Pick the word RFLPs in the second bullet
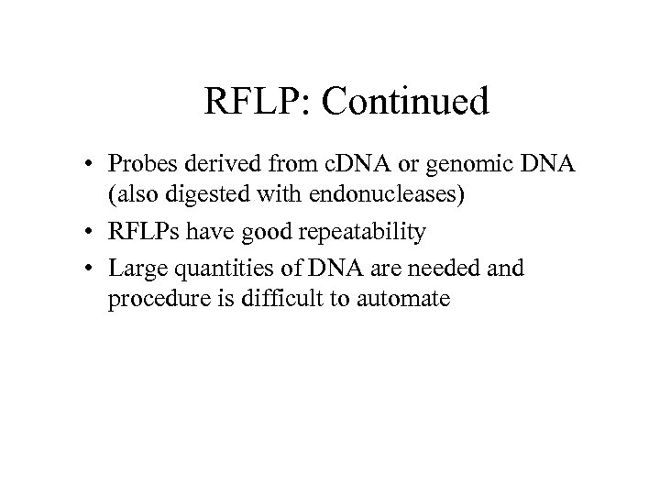click(142, 233)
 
